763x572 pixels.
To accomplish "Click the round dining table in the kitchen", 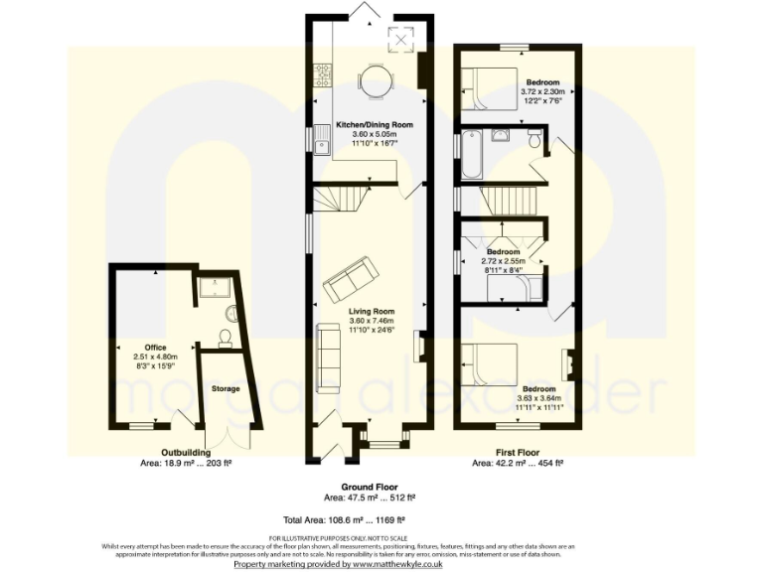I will tap(373, 83).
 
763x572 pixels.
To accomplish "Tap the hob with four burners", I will tap(322, 73).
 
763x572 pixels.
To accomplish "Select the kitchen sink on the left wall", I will tap(322, 147).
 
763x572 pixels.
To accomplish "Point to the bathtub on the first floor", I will tap(470, 154).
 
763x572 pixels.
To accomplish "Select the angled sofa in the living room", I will tap(350, 279).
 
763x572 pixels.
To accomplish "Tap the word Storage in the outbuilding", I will tap(226, 388).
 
